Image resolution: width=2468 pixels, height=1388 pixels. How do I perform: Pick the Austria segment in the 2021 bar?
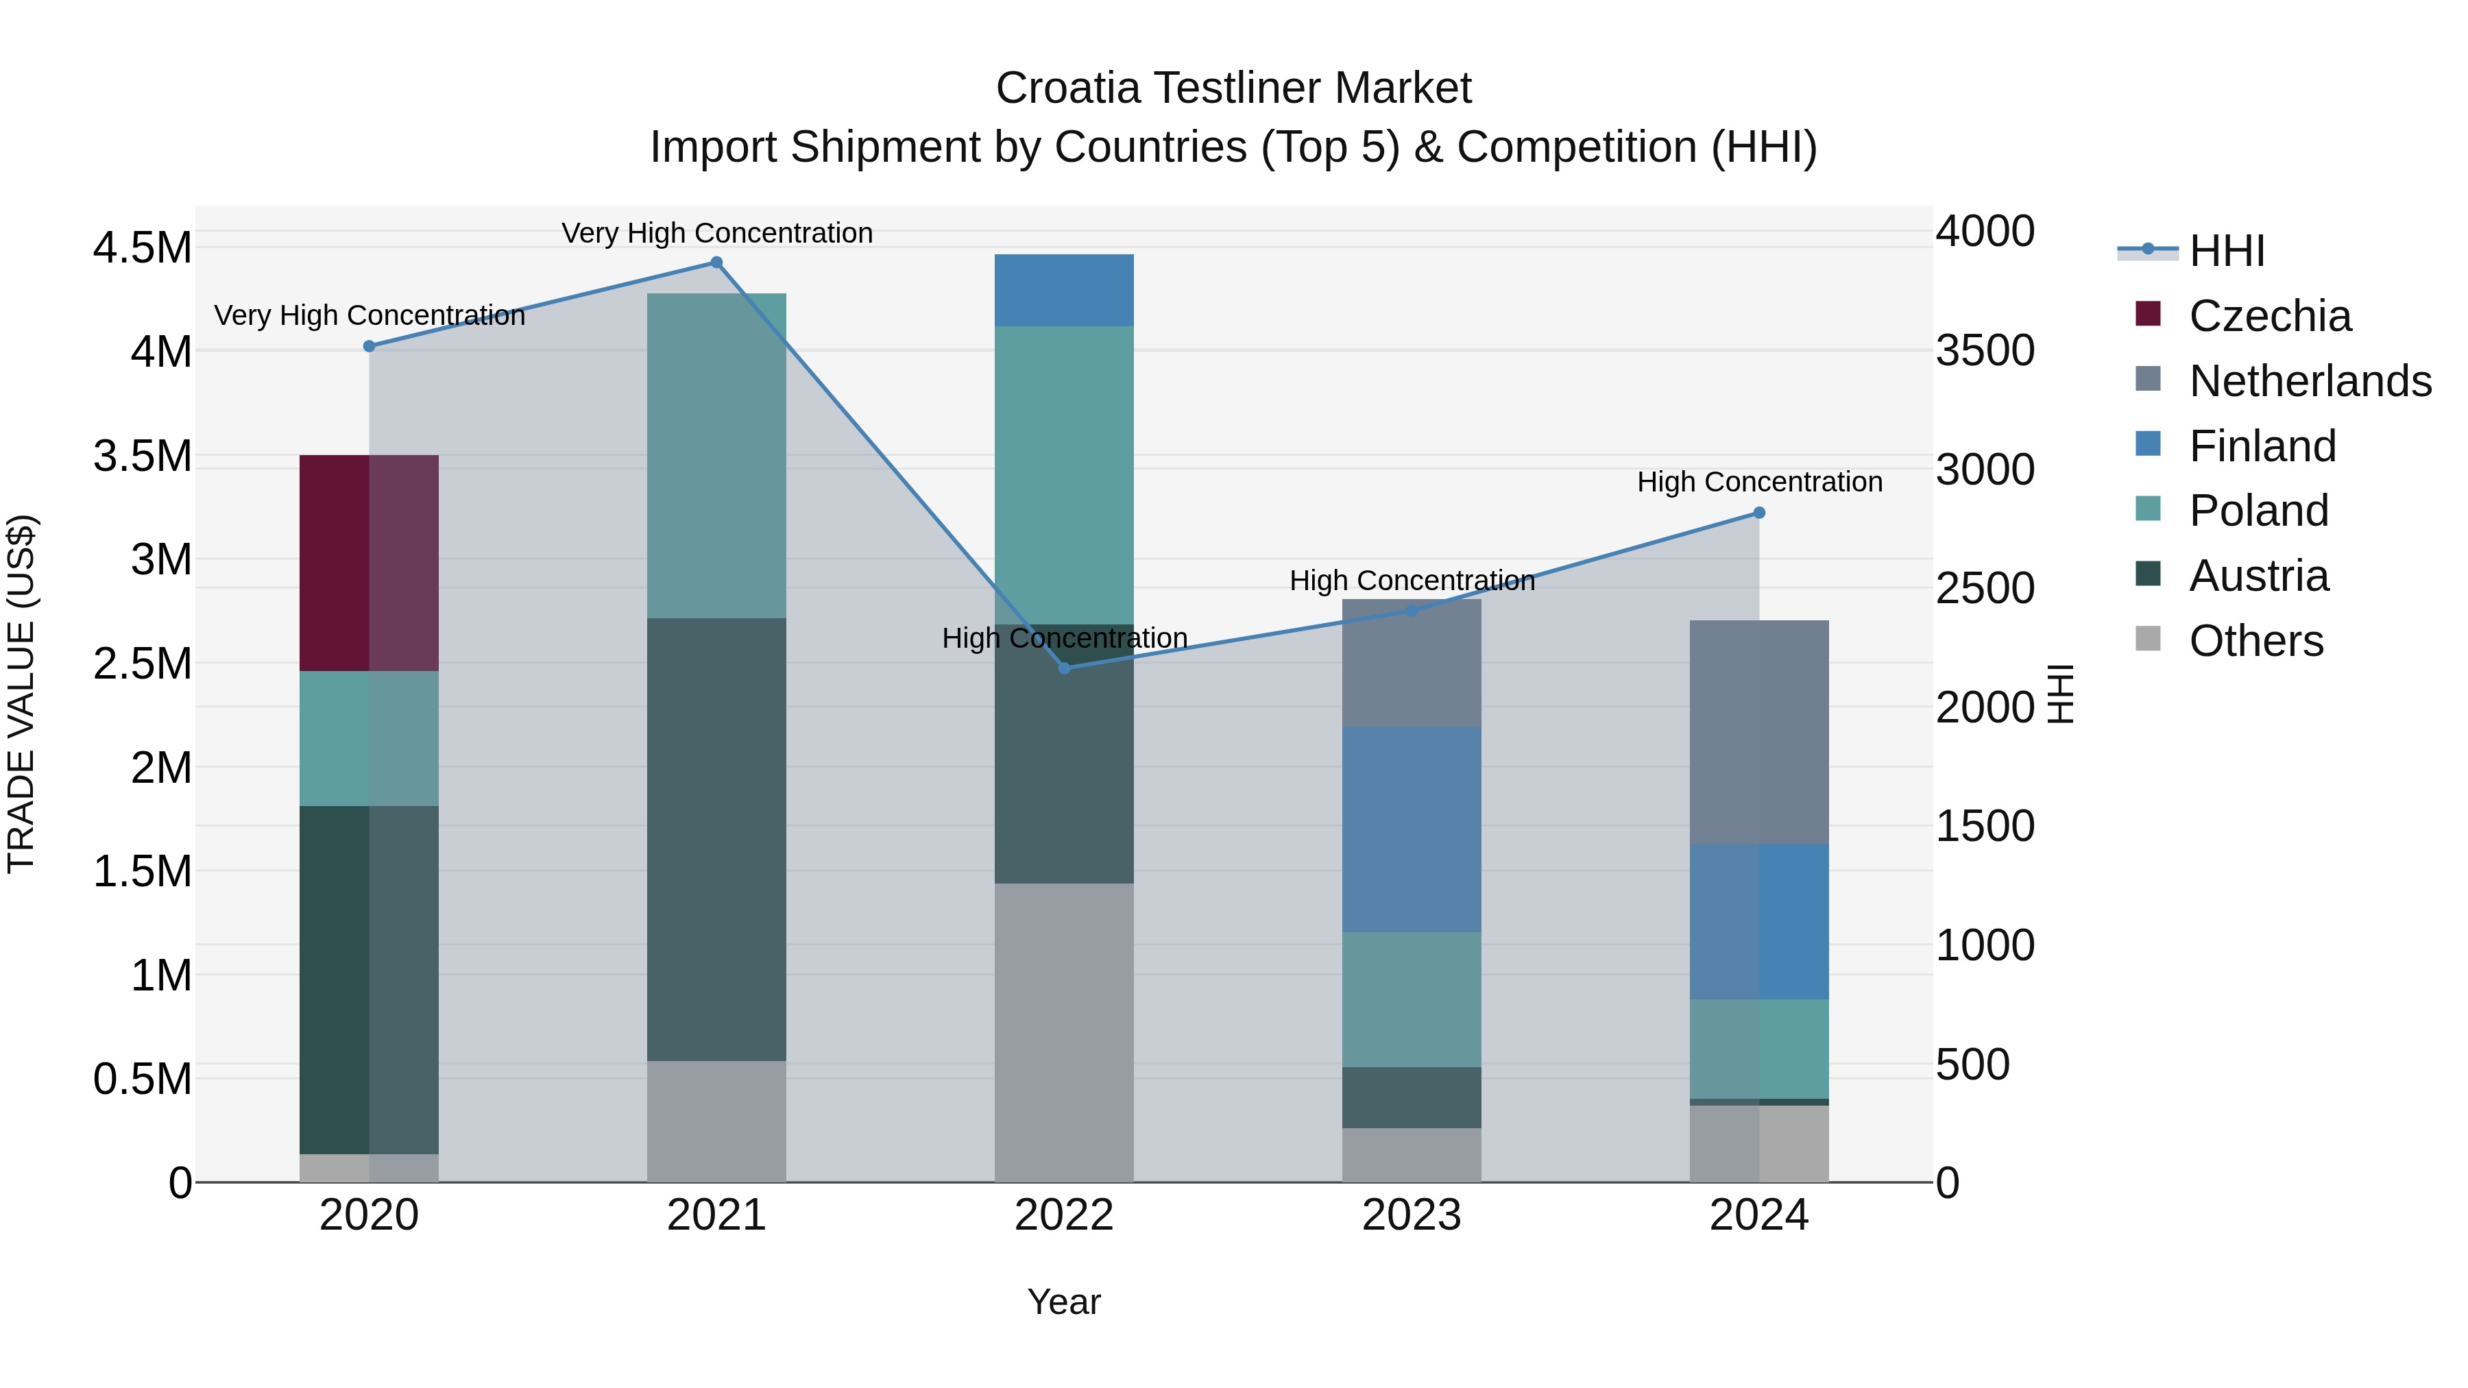tap(716, 838)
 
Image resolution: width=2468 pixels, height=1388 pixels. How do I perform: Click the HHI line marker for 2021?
tap(716, 263)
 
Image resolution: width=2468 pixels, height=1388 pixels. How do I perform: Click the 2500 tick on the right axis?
tap(1984, 588)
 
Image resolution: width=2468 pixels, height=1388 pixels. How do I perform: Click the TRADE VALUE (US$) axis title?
tap(21, 694)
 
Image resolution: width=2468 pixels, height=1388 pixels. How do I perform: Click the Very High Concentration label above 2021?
tap(716, 233)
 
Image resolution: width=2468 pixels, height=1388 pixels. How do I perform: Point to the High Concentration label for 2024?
tap(1759, 482)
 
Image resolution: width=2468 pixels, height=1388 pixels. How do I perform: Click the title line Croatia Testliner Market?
tap(1233, 88)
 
